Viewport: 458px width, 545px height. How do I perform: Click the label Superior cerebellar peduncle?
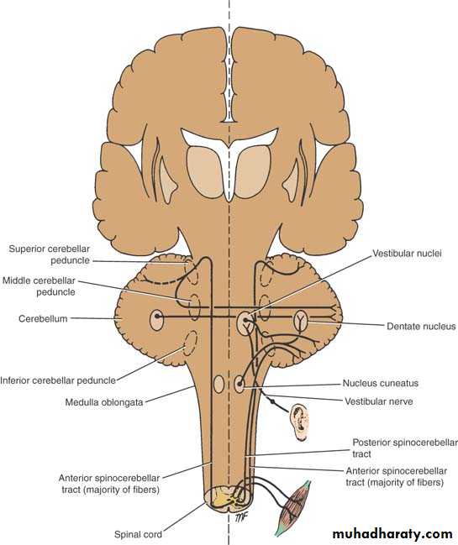click(x=50, y=254)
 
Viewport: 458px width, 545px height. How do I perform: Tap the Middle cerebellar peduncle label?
click(x=39, y=286)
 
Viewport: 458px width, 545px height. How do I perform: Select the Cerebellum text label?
click(x=43, y=319)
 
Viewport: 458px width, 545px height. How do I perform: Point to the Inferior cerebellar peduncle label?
click(x=58, y=380)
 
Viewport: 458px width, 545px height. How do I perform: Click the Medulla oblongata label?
click(x=104, y=402)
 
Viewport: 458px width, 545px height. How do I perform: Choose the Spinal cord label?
click(x=138, y=534)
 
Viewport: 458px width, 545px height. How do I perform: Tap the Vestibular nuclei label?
click(x=407, y=253)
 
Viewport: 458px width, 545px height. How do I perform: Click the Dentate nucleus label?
click(x=421, y=326)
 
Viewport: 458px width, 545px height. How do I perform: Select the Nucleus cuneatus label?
click(x=381, y=383)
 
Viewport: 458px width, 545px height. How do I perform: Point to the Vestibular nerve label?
click(x=379, y=401)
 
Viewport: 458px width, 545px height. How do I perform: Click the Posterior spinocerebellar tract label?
click(x=405, y=448)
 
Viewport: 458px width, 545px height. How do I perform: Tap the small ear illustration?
click(x=300, y=422)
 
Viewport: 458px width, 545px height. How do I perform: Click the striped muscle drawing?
click(x=292, y=508)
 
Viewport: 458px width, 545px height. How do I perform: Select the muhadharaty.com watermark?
click(x=392, y=533)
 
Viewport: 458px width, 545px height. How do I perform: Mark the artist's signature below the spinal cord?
click(x=241, y=517)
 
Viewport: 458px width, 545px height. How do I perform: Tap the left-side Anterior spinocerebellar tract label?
click(x=109, y=484)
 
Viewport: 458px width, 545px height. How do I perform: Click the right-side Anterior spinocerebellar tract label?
click(x=396, y=476)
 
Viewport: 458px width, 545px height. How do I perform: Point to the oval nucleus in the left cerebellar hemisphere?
click(x=156, y=320)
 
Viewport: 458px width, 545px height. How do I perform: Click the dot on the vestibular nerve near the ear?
click(x=273, y=401)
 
